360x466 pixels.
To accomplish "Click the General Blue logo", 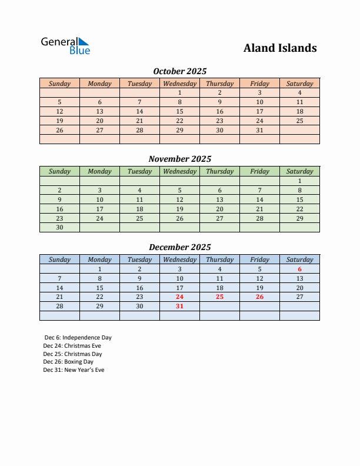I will pos(65,46).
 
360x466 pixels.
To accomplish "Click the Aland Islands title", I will pos(280,48).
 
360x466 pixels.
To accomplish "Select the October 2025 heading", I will pos(179,71).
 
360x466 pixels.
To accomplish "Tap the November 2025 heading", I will pos(179,159).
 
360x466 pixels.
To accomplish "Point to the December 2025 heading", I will pos(179,247).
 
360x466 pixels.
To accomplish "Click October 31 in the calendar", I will pos(259,130).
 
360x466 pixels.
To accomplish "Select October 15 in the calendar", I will pos(179,111).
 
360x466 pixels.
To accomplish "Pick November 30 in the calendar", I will pos(59,227).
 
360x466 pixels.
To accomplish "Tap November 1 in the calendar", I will pos(299,181).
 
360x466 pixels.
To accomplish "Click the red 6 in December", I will pos(299,269).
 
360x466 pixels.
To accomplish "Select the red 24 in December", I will pos(179,297).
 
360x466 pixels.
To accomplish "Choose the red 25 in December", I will pos(219,297).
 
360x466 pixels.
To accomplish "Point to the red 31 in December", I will pos(179,306).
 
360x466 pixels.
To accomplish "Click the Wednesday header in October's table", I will pos(179,84).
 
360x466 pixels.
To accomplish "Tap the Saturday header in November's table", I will pos(299,171).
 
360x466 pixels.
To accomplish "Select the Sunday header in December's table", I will pos(59,259).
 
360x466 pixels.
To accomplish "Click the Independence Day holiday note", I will pos(78,338).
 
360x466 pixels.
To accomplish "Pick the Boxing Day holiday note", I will pos(68,362).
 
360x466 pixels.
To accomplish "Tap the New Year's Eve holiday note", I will pos(74,370).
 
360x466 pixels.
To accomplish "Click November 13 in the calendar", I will pos(219,199).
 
